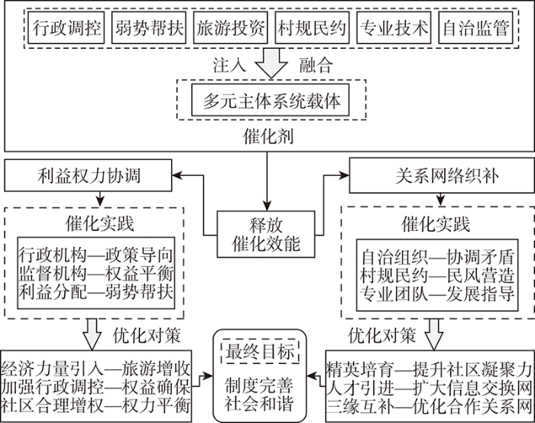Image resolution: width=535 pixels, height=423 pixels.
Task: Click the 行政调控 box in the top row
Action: click(66, 28)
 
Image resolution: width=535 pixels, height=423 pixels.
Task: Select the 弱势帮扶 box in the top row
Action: click(149, 28)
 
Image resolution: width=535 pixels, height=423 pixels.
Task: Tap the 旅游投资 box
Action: click(230, 28)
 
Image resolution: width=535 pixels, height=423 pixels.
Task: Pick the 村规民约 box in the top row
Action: click(312, 28)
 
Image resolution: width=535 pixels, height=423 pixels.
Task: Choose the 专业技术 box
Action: click(394, 28)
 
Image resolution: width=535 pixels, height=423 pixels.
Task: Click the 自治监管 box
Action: click(475, 28)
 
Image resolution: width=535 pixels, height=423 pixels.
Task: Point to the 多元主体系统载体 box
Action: click(271, 100)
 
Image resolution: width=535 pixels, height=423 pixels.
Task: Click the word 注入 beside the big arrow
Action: click(229, 65)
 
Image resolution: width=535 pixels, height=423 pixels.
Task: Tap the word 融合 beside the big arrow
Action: click(316, 65)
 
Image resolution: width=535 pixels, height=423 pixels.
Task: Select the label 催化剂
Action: click(268, 136)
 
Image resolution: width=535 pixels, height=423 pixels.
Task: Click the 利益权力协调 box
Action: click(88, 175)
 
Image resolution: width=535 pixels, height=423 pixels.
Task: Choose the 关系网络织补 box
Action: click(442, 175)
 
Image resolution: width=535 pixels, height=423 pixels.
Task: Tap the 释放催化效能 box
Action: click(266, 234)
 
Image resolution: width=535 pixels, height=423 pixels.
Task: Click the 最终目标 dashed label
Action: click(260, 352)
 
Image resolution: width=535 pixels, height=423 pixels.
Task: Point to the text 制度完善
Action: click(259, 386)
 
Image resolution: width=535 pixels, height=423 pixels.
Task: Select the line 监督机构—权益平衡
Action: click(96, 274)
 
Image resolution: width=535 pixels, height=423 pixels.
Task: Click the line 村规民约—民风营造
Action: click(437, 275)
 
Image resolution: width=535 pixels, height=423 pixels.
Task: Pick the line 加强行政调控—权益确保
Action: click(96, 387)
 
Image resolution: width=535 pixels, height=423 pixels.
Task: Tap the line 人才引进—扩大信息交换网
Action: click(430, 388)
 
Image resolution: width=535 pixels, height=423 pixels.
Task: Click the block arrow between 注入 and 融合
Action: click(271, 63)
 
